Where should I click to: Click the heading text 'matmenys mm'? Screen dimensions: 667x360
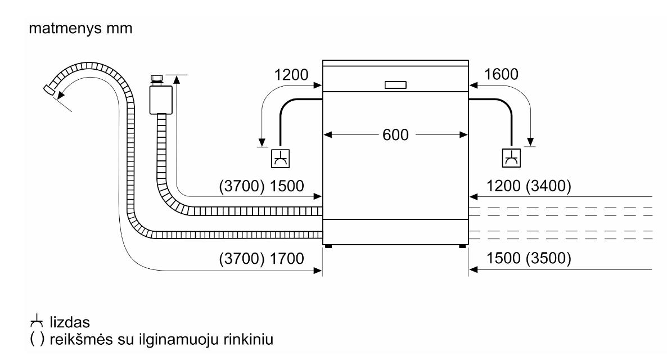[x=80, y=28]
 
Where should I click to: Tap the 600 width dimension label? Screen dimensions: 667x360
[x=395, y=135]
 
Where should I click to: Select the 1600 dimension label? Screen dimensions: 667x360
[x=501, y=74]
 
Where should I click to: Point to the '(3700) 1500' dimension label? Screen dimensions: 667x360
[x=261, y=186]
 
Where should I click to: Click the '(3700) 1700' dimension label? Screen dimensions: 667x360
[x=261, y=258]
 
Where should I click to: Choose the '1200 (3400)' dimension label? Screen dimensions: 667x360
[x=528, y=186]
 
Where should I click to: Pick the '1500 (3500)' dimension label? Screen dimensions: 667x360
[x=528, y=258]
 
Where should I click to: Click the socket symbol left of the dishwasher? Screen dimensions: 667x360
[x=280, y=158]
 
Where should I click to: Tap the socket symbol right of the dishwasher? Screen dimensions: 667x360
[x=511, y=158]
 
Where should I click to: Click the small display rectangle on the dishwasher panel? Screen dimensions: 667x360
[x=395, y=85]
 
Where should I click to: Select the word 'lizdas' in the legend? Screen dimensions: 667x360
[x=70, y=322]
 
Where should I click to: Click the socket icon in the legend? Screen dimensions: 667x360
[x=37, y=321]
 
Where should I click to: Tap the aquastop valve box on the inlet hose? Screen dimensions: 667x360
[x=161, y=100]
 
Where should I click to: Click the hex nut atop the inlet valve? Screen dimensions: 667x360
[x=156, y=78]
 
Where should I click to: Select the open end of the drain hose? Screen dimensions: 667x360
[x=48, y=90]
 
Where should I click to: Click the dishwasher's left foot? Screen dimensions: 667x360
[x=328, y=246]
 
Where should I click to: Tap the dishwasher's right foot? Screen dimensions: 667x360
[x=462, y=246]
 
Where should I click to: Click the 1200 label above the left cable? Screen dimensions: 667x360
[x=291, y=75]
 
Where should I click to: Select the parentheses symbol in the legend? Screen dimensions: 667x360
[x=37, y=339]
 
